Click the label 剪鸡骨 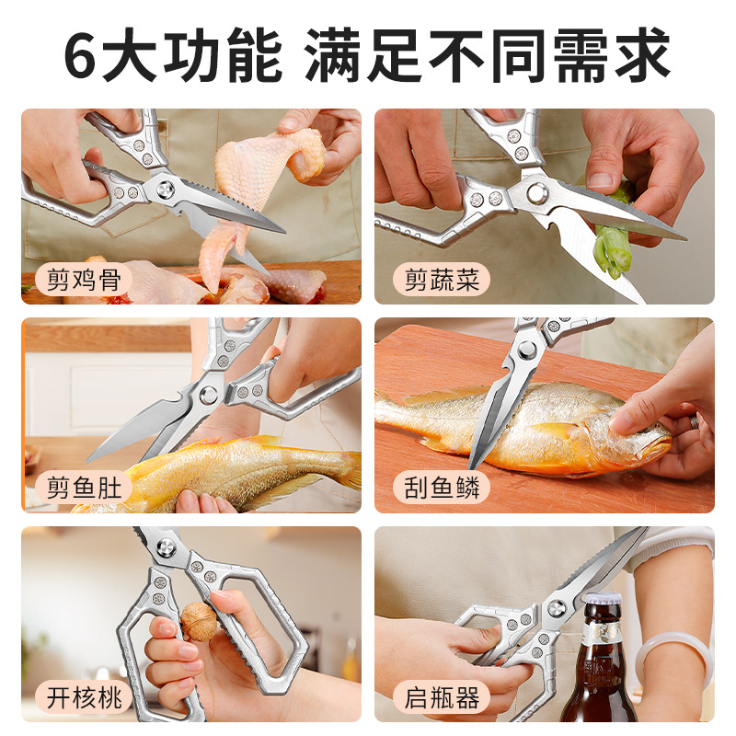click(x=84, y=280)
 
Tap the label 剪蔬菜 click(x=442, y=280)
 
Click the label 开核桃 click(x=84, y=696)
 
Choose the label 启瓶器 click(x=442, y=696)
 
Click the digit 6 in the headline click(x=80, y=55)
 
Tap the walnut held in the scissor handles click(x=199, y=621)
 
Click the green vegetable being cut click(x=610, y=230)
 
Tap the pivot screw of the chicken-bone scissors click(x=166, y=190)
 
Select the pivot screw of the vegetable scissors click(x=536, y=192)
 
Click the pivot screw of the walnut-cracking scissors click(x=166, y=547)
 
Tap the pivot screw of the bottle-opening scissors click(x=556, y=608)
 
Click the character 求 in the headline click(x=641, y=55)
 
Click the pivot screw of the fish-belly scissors click(x=209, y=395)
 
